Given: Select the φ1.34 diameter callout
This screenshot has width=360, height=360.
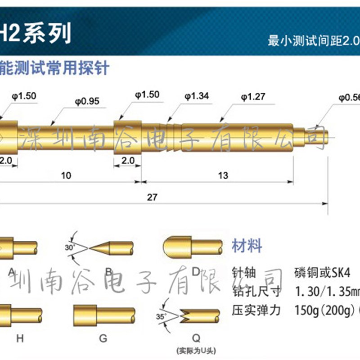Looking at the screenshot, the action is pyautogui.click(x=196, y=96).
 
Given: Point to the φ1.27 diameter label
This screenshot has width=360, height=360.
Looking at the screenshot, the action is pyautogui.click(x=252, y=96).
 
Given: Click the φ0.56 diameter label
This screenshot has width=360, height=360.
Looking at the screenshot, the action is pyautogui.click(x=349, y=96).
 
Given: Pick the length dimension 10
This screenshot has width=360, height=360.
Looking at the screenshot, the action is pyautogui.click(x=66, y=175).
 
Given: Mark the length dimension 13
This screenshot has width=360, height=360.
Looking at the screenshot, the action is pyautogui.click(x=223, y=175).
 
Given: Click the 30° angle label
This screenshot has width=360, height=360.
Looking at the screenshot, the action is pyautogui.click(x=68, y=247).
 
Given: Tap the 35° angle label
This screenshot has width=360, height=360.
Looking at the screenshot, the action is pyautogui.click(x=161, y=316).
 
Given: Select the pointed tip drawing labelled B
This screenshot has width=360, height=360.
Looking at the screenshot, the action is pyautogui.click(x=111, y=247).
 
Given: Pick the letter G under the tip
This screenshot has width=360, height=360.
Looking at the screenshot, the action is pyautogui.click(x=103, y=339).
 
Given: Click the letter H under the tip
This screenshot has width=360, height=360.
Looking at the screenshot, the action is pyautogui.click(x=20, y=339).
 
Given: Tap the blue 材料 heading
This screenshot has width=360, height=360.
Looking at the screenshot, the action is pyautogui.click(x=246, y=246).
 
